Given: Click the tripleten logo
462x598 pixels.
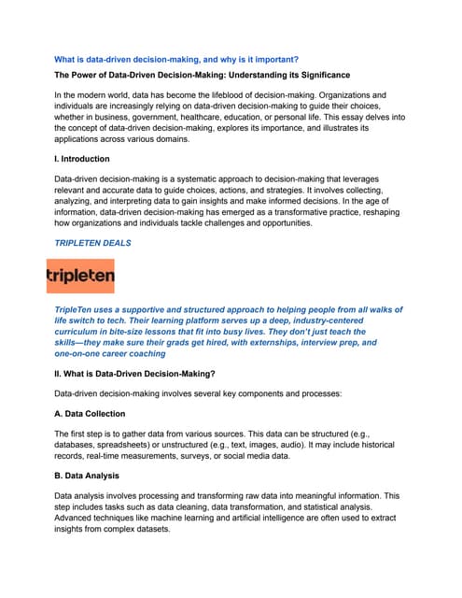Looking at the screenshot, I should (80, 277).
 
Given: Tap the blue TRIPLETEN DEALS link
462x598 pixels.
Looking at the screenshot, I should (92, 243).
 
